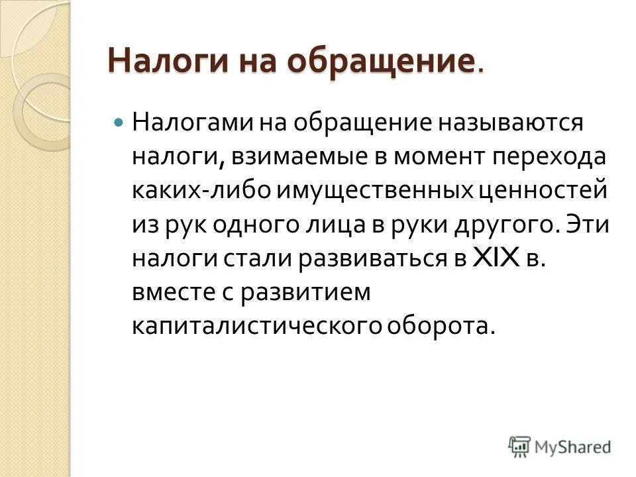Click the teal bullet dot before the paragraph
119,123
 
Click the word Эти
586,225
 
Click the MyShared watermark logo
559,447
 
